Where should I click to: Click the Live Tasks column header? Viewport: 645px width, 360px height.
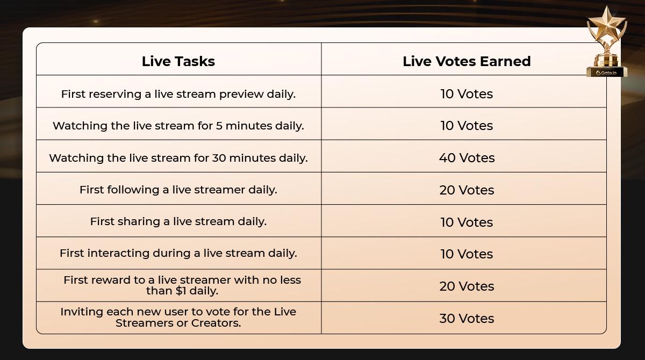(178, 61)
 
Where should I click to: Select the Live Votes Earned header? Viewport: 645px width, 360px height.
(467, 61)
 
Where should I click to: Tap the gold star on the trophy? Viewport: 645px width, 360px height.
(607, 25)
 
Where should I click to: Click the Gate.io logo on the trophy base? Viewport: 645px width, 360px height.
(606, 73)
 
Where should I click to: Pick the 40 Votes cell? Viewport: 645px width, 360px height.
(467, 157)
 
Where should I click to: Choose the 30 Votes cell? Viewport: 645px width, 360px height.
(467, 318)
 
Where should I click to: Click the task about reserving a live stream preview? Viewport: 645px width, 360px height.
(178, 94)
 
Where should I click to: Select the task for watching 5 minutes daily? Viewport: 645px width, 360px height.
(178, 126)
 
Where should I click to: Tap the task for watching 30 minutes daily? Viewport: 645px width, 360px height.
(178, 158)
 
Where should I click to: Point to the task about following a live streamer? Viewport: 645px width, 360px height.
(178, 190)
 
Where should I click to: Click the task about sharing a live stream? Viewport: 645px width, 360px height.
(178, 221)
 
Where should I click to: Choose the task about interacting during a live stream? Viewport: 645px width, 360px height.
(178, 253)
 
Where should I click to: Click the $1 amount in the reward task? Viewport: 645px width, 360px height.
(181, 291)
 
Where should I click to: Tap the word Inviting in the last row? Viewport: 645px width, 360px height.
(82, 312)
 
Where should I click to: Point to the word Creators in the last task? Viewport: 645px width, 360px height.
(216, 323)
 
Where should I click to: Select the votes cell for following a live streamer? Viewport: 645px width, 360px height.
(467, 190)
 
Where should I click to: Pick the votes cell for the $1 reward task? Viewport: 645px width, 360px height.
(467, 286)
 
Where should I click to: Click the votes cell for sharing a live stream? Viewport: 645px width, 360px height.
(467, 222)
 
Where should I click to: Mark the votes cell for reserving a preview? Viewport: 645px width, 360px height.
(467, 94)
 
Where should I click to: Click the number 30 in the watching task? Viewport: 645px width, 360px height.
(219, 158)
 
